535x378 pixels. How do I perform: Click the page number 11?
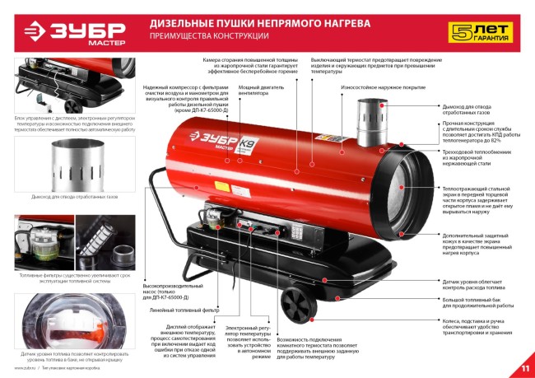point(524,366)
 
